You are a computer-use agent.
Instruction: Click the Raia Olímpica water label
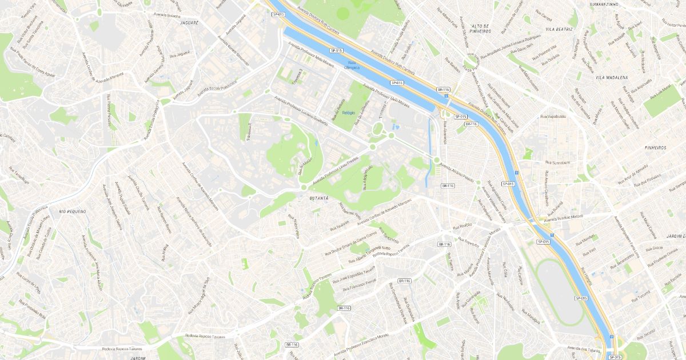(352, 65)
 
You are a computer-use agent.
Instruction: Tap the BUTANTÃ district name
(319, 198)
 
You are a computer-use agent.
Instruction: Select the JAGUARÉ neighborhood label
(189, 23)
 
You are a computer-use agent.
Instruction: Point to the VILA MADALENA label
(611, 77)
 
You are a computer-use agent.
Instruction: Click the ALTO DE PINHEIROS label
(480, 29)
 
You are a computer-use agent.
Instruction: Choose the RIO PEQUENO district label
(72, 211)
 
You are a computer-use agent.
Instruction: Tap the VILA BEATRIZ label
(559, 29)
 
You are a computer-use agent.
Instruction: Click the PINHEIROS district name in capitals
(655, 147)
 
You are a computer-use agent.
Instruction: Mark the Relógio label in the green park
(349, 113)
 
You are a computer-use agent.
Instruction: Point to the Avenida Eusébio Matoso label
(563, 217)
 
